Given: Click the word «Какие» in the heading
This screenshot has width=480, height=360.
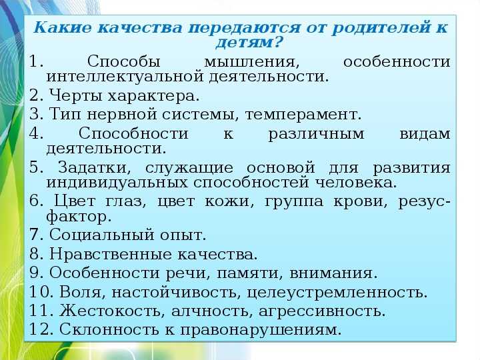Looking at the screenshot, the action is (62, 27).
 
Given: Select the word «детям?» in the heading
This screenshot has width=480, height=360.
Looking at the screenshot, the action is (248, 42).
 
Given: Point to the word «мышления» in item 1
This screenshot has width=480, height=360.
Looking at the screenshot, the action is (251, 62).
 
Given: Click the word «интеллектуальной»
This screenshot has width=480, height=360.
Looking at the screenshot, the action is (125, 76).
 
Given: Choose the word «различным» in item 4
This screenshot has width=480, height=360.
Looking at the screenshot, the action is (316, 135).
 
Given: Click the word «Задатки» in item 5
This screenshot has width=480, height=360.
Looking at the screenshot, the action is (95, 168).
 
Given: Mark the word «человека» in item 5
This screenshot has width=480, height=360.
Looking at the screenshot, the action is (356, 183).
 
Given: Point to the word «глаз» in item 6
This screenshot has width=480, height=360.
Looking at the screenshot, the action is (125, 202).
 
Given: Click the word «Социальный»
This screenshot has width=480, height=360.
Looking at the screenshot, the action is (101, 235).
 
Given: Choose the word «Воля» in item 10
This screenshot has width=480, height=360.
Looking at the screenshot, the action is (82, 292).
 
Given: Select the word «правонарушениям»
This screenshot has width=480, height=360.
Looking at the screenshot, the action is (261, 330).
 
